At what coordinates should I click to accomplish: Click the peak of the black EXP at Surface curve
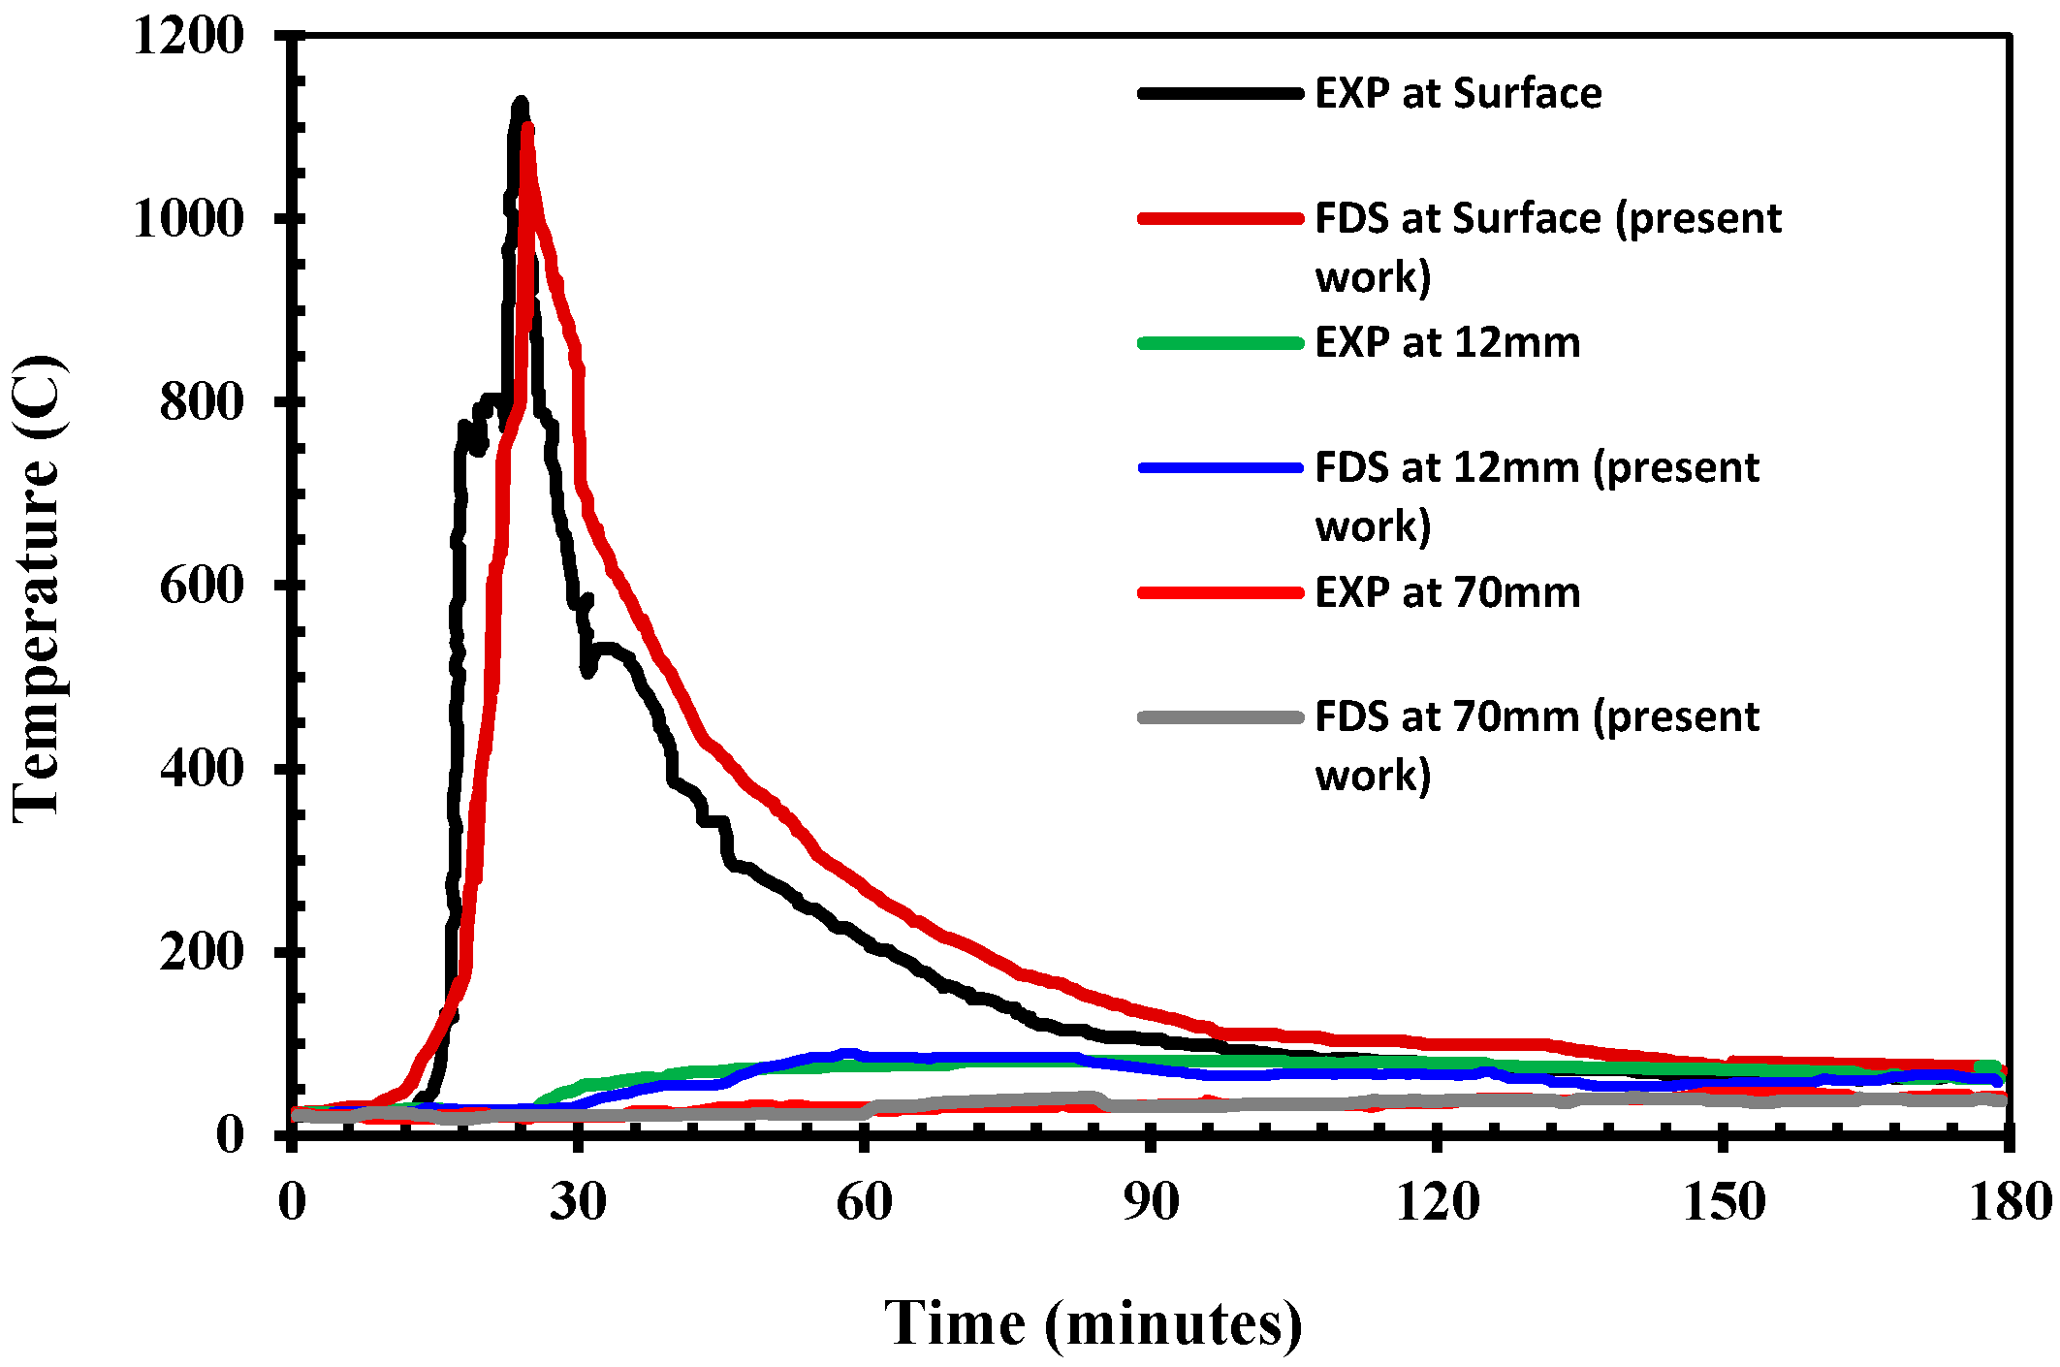coord(521,102)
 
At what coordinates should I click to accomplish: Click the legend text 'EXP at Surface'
coord(1457,94)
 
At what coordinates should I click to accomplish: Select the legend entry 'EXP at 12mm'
coord(1446,343)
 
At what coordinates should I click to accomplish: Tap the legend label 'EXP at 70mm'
coord(1446,592)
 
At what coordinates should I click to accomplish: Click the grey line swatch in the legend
coord(1220,717)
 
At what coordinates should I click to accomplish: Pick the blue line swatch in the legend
coord(1220,468)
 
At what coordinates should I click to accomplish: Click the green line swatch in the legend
coord(1220,343)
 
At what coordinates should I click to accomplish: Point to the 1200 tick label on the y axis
coord(189,36)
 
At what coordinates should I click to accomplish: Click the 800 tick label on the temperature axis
coord(202,401)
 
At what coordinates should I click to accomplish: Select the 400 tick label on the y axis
coord(202,768)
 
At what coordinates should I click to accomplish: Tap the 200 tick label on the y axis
coord(202,951)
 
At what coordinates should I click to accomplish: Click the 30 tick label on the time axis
coord(578,1201)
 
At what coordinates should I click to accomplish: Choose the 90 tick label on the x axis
coord(1151,1201)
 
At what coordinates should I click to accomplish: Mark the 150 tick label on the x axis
coord(1723,1201)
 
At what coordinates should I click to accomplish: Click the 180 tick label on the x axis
coord(2010,1201)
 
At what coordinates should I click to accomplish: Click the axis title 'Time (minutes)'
coord(1093,1323)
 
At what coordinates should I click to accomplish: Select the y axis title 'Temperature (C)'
coord(39,589)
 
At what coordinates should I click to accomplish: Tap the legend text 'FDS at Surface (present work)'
coord(1547,246)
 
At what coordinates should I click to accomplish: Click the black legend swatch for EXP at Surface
coord(1220,94)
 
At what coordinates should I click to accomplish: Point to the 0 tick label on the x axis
coord(292,1201)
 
